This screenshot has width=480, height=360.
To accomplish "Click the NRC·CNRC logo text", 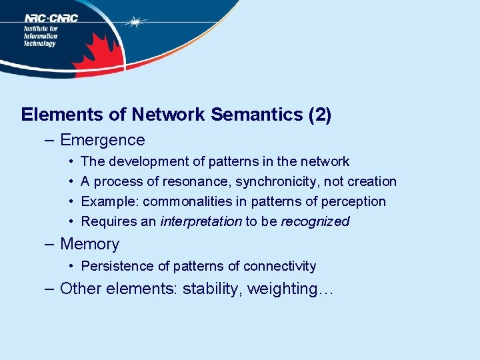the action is coord(51,18).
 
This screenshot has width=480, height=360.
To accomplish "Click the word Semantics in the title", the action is coord(257,115).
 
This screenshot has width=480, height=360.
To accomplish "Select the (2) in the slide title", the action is coord(320,115).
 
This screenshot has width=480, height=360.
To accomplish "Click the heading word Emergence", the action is coord(102,140).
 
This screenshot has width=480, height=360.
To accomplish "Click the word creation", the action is coord(373,181).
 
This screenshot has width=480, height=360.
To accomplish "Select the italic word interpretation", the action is coord(201,221).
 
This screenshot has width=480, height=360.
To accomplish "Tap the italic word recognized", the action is coord(315,221).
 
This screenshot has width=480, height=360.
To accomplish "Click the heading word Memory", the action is coord(89,244).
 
